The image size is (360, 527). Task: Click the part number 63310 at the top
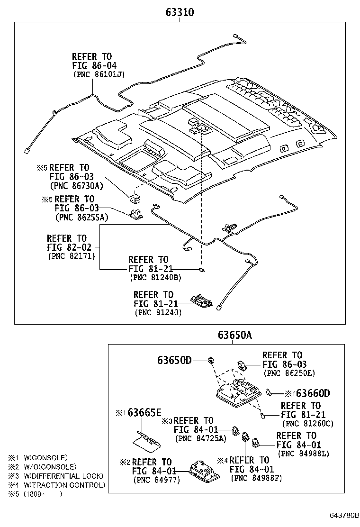(180, 12)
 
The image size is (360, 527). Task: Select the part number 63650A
(235, 335)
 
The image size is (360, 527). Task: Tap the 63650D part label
(174, 360)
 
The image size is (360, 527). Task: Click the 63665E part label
(144, 413)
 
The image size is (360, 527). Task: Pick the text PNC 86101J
(99, 74)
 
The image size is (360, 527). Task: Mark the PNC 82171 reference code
(72, 256)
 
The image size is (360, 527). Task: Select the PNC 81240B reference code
(155, 278)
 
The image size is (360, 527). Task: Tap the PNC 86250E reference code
(289, 373)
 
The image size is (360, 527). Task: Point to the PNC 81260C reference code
(308, 424)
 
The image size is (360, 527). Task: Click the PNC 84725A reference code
(201, 438)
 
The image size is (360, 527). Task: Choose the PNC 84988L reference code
(304, 454)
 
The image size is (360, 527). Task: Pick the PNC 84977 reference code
(157, 480)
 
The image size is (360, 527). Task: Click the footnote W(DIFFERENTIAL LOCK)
(63, 476)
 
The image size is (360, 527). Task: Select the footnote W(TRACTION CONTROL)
(64, 485)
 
